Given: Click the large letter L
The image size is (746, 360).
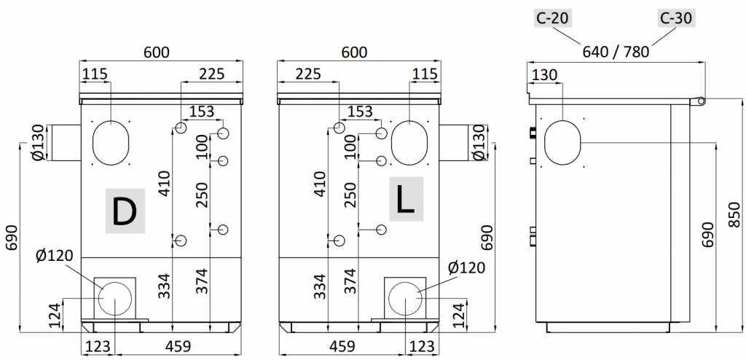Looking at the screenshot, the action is pos(406,199).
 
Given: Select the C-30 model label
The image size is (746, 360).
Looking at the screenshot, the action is pos(676,18).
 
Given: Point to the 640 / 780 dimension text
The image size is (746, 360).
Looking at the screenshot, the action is pos(616,51).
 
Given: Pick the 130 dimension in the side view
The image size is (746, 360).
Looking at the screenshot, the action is pos(546,75).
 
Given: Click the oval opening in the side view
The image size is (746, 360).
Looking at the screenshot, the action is pos(562,142).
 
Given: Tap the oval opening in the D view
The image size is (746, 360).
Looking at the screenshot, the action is pos(111,143).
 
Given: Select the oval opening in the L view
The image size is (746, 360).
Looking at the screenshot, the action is pos(409,143).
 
